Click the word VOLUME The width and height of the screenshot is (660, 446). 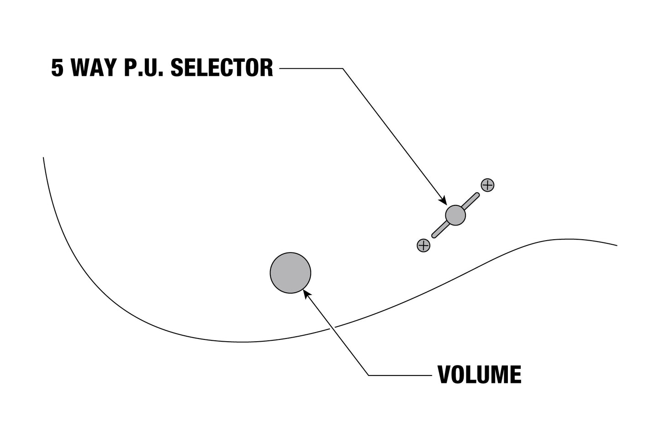[x=480, y=375]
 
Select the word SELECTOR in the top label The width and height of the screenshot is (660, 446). [x=222, y=68]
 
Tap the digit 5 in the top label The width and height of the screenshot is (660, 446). [x=57, y=68]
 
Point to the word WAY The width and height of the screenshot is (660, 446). [x=94, y=68]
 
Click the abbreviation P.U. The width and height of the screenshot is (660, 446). [x=143, y=68]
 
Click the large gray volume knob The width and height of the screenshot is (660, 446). [x=290, y=273]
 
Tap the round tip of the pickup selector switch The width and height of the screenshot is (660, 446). [x=455, y=215]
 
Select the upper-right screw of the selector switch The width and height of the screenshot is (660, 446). [x=487, y=185]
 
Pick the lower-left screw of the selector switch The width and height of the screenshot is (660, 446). [x=423, y=245]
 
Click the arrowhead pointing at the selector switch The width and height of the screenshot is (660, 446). [x=443, y=200]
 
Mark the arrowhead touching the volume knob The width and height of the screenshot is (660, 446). [x=307, y=294]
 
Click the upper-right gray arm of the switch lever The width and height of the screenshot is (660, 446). [x=470, y=201]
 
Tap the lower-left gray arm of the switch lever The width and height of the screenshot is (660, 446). [x=440, y=230]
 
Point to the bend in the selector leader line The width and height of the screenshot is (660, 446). [x=343, y=69]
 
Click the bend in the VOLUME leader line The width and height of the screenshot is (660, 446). [x=369, y=375]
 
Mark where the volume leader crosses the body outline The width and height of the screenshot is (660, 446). [x=333, y=328]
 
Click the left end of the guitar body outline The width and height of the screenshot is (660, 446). [x=43, y=158]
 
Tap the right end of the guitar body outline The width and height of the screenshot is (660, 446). [x=617, y=245]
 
